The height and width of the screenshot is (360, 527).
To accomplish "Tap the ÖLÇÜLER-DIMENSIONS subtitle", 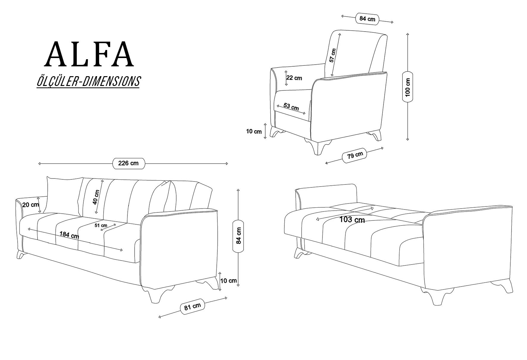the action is coord(88,82).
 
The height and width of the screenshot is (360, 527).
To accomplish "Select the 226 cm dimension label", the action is coord(128,163).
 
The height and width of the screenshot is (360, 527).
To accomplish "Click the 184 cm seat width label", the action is coord(69,235).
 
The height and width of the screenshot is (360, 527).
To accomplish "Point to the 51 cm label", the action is coord(101,226).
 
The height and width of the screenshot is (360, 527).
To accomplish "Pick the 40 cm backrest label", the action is coord(96,197).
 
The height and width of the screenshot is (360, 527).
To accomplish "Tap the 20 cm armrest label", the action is coord(31,205).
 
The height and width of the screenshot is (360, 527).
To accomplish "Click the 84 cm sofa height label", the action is coord(238,236).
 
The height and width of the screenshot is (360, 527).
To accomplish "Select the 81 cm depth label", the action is coord(192,306).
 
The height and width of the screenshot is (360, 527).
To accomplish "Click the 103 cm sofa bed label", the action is coord(352,220).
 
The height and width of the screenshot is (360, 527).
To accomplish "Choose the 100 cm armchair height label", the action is coord(408,87).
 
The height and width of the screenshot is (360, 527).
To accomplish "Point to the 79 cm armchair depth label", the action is coord(355,155).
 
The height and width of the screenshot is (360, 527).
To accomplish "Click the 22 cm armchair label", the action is coord(294,78).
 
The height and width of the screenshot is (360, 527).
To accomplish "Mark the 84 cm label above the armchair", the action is coord(367,19).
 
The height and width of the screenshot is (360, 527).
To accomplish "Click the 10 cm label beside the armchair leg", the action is coord(254,131).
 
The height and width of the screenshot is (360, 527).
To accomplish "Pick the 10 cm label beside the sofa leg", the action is coord(229,281).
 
